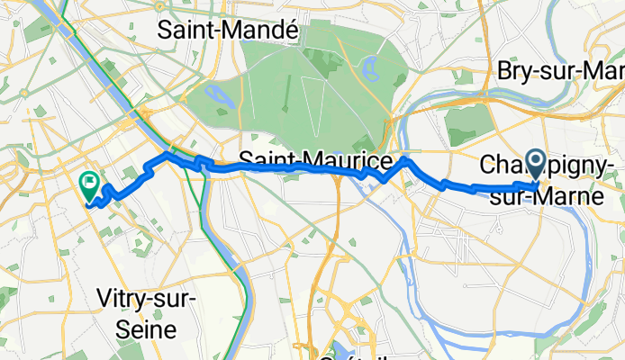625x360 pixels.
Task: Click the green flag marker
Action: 90,184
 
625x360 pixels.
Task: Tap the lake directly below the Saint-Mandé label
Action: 219,94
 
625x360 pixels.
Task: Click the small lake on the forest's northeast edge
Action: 368,66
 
